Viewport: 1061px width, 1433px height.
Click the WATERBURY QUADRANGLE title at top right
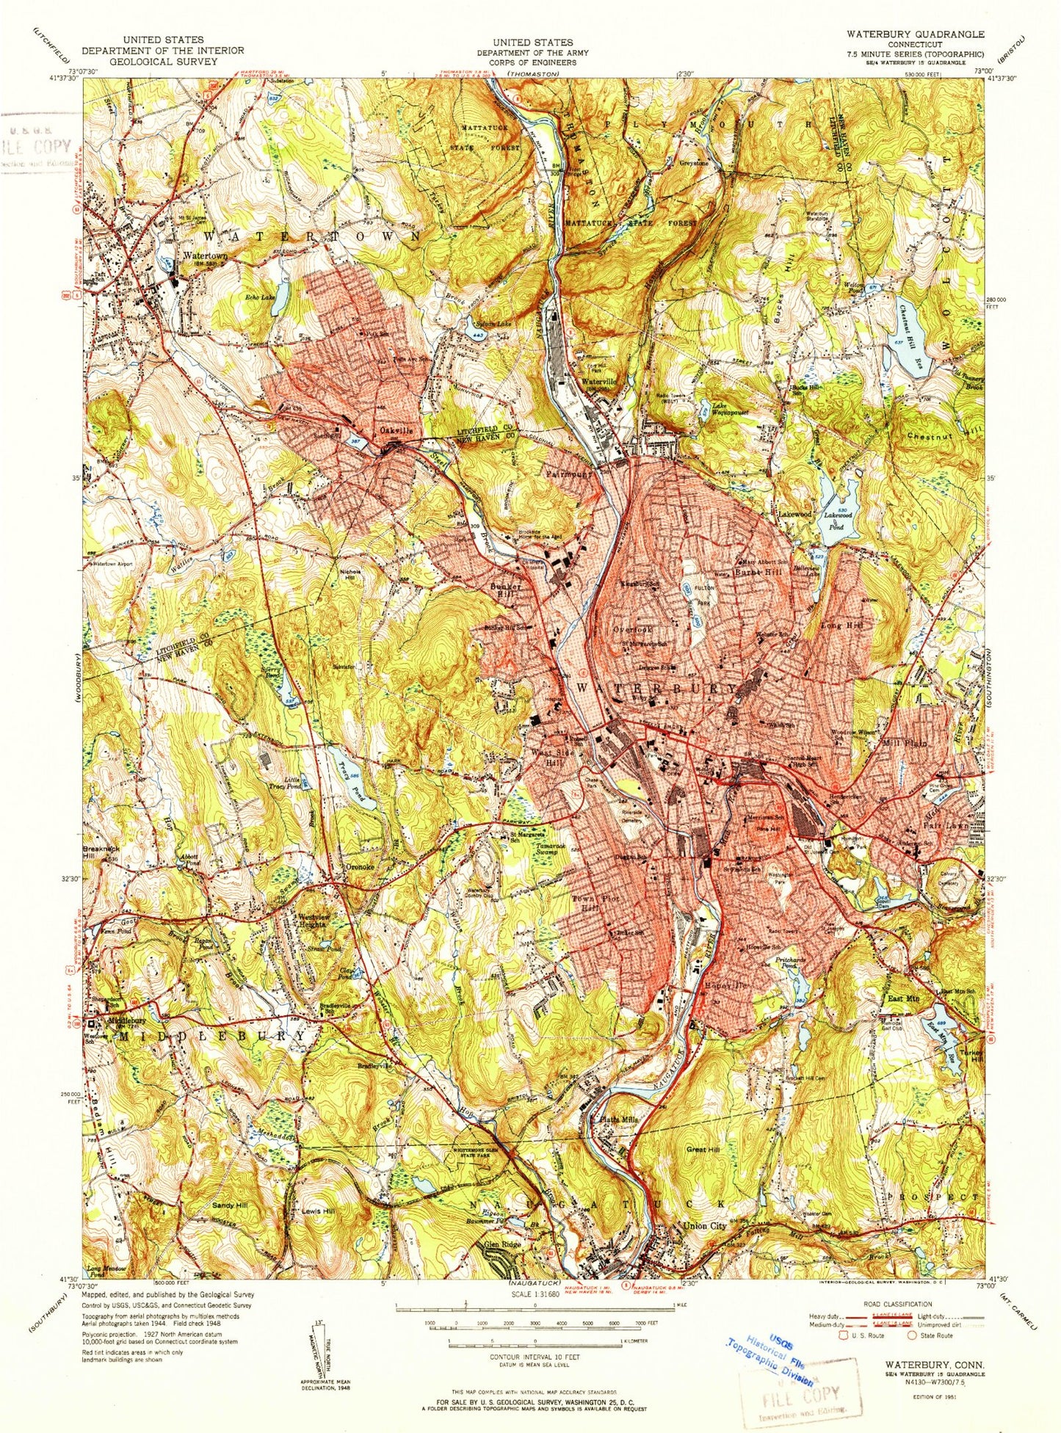pos(915,34)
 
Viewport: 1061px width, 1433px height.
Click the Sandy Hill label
pos(229,1205)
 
